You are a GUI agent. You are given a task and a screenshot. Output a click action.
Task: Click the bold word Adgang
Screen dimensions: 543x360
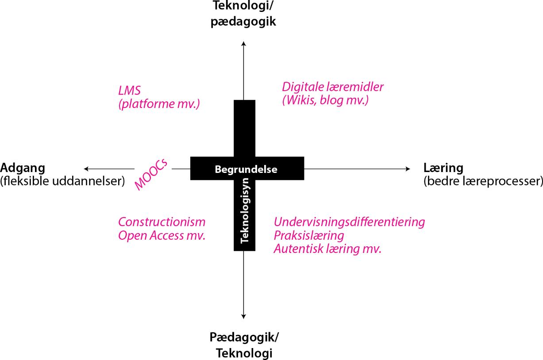point(23,168)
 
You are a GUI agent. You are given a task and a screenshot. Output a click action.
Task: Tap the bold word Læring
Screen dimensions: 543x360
point(443,168)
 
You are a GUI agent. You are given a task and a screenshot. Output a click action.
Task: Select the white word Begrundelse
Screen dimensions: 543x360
point(246,169)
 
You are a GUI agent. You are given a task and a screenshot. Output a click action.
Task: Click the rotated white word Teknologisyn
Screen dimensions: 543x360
point(244,211)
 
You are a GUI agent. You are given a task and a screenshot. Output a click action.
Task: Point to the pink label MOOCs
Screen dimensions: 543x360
point(151,174)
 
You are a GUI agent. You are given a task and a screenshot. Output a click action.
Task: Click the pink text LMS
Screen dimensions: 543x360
point(130,91)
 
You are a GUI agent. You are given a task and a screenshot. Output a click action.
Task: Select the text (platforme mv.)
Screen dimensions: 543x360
point(159,104)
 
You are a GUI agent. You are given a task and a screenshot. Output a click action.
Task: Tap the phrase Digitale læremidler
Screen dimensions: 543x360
point(333,87)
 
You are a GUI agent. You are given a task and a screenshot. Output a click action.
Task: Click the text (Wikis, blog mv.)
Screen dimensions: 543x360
point(325,100)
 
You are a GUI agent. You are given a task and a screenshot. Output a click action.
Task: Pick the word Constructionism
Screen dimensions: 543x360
point(162,222)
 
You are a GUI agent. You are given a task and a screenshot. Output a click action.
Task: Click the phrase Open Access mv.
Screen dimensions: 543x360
point(162,235)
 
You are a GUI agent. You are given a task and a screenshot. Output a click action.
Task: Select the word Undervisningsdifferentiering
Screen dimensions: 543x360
point(349,222)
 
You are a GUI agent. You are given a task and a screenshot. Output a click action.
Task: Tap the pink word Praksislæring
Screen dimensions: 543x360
point(309,236)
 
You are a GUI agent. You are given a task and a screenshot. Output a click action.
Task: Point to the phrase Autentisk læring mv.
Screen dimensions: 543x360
point(327,249)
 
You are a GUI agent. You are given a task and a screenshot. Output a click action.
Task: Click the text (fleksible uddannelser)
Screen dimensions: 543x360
point(62,181)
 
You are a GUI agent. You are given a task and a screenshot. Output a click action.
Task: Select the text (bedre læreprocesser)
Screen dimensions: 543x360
point(483,181)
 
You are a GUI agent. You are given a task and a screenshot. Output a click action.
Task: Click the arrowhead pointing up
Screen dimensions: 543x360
point(244,43)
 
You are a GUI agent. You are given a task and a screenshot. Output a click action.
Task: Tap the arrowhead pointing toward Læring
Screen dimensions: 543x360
point(408,169)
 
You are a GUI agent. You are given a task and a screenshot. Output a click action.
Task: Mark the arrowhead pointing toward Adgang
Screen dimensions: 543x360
point(86,169)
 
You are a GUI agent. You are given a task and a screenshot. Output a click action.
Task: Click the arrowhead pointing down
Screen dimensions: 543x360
point(244,316)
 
